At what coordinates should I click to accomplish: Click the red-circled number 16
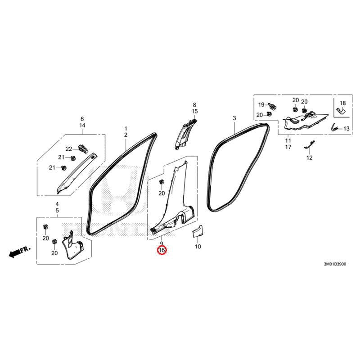coord(162,250)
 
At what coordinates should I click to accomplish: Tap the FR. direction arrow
coord(19,252)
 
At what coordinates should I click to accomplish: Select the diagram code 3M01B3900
coord(335,264)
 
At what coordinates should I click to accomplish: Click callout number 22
coord(69,149)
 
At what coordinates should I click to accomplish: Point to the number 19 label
coord(261,105)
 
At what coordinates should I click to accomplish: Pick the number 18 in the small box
coord(342,103)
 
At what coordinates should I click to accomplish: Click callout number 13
coord(346,129)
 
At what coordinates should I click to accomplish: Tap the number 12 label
coord(310,158)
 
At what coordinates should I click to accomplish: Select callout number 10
coord(198,247)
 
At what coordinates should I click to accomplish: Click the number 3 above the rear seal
coord(234,118)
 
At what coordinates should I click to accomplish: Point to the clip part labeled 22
coord(83,149)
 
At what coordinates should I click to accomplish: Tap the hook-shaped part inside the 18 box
coord(342,112)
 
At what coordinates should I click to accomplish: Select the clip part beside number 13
coord(334,127)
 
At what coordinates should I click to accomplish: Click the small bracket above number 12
coord(310,144)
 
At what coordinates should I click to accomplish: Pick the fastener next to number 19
coord(272,106)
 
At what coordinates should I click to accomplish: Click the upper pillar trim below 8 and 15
coord(186,133)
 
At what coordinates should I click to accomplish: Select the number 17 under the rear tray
coord(288,147)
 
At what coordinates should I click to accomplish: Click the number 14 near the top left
coord(82,126)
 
